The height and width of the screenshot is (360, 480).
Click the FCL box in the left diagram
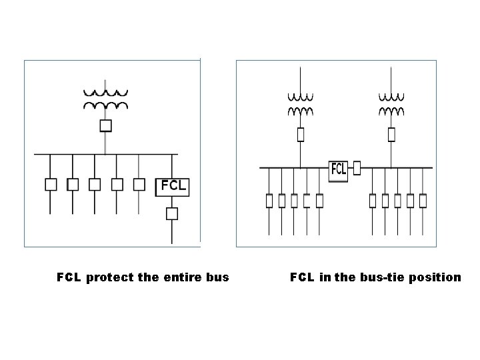pyautogui.click(x=172, y=186)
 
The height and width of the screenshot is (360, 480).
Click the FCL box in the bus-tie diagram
pyautogui.click(x=339, y=169)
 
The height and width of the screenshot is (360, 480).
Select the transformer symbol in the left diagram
pyautogui.click(x=105, y=99)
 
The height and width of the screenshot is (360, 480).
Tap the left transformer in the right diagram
pyautogui.click(x=300, y=103)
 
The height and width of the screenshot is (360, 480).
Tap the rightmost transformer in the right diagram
pyautogui.click(x=391, y=103)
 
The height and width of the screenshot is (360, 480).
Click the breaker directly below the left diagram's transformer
pyautogui.click(x=105, y=125)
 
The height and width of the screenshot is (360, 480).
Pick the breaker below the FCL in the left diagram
pyautogui.click(x=172, y=213)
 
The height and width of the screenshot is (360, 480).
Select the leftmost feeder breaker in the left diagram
pyautogui.click(x=50, y=183)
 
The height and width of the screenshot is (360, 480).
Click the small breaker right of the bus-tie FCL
pyautogui.click(x=357, y=167)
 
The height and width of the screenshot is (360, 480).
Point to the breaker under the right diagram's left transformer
pyautogui.click(x=300, y=135)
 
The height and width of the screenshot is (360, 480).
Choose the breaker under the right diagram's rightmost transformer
pyautogui.click(x=391, y=135)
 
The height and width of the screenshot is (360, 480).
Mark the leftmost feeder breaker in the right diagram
pyautogui.click(x=269, y=199)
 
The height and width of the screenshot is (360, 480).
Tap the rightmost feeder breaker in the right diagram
pyautogui.click(x=423, y=199)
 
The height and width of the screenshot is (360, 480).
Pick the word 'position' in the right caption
pyautogui.click(x=437, y=277)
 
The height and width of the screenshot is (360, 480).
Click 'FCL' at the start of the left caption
pyautogui.click(x=69, y=277)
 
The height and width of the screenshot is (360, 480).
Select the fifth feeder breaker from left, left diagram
pyautogui.click(x=139, y=183)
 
